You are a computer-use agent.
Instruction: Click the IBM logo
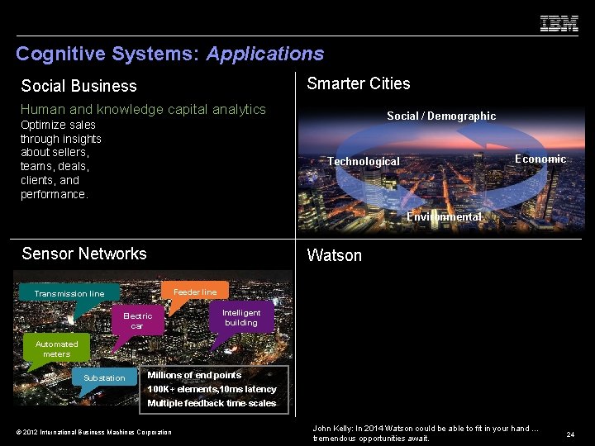[x=559, y=24]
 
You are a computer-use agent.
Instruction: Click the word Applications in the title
[x=265, y=55]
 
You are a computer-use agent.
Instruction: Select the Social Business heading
[x=79, y=86]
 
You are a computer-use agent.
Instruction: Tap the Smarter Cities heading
[x=359, y=83]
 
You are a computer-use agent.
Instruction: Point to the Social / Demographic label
[x=441, y=116]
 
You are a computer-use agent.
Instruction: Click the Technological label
[x=364, y=162]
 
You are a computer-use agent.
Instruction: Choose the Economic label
[x=540, y=159]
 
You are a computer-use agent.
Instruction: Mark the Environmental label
[x=444, y=216]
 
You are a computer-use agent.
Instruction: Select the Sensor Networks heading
[x=84, y=254]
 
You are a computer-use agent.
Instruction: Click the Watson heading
[x=334, y=255]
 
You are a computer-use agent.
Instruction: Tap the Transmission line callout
[x=69, y=294]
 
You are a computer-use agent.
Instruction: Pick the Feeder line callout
[x=195, y=292]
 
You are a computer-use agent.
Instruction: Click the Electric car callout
[x=137, y=320]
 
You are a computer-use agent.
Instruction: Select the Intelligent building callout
[x=241, y=318]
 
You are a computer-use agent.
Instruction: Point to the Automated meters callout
[x=57, y=349]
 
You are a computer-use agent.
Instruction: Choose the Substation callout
[x=104, y=378]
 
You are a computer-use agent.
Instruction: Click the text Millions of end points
[x=194, y=375]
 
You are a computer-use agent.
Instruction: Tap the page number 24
[x=570, y=434]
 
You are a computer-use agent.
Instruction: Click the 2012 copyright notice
[x=94, y=432]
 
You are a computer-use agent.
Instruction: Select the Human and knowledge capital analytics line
[x=143, y=109]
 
